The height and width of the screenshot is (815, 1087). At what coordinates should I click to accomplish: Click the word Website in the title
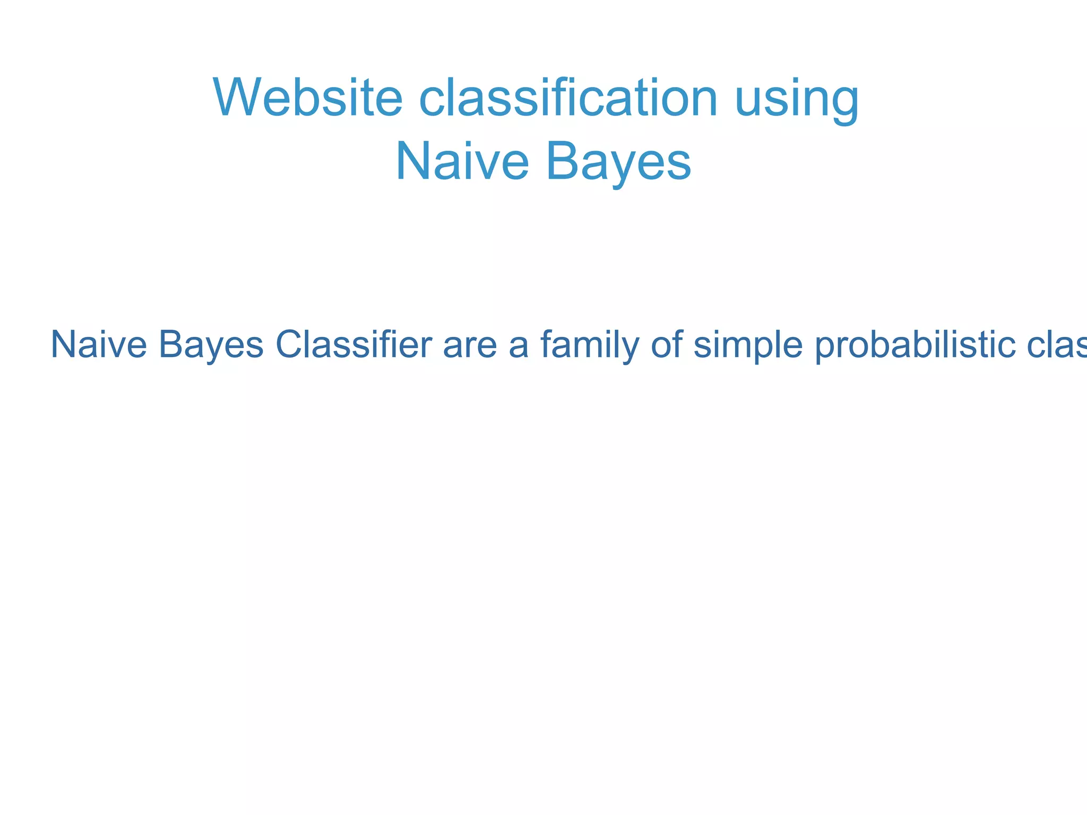pos(308,98)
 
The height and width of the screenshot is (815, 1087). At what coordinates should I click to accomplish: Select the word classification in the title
pos(568,98)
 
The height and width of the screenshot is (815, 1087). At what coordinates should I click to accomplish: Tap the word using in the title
pos(796,101)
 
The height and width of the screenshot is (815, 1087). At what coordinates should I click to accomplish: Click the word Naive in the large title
pos(462,162)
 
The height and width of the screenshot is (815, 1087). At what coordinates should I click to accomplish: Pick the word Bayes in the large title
pos(618,162)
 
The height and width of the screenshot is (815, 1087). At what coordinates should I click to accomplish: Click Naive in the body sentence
pos(98,345)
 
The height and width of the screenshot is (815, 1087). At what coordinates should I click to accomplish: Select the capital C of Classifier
pos(289,345)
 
